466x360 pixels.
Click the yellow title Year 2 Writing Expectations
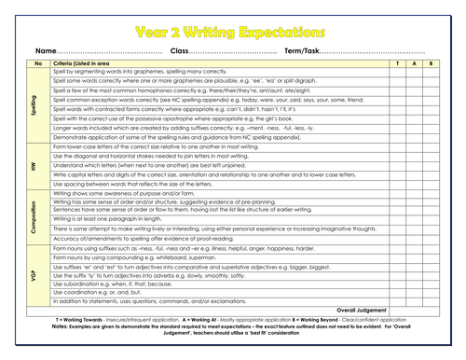[232, 30]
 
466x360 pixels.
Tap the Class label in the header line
[181, 49]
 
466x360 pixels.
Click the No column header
[38, 62]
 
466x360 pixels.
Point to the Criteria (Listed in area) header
[89, 62]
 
